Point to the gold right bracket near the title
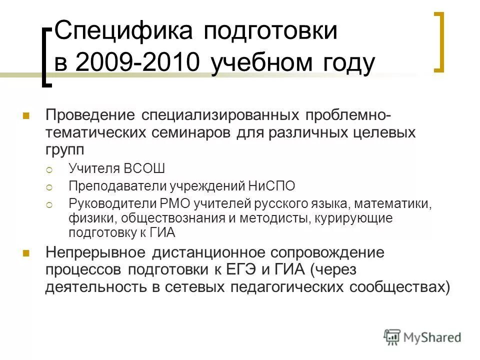[438, 42]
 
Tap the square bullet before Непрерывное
[26, 252]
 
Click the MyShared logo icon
[392, 336]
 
